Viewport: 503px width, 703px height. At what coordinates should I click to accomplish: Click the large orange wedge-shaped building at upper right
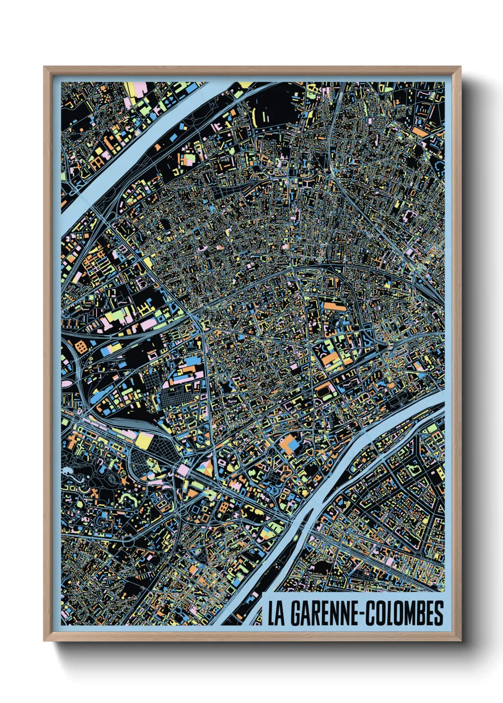(x=420, y=131)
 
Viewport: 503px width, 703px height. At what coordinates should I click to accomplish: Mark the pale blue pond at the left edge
(x=67, y=470)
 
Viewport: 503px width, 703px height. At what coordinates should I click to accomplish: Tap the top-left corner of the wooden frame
(x=45, y=67)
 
